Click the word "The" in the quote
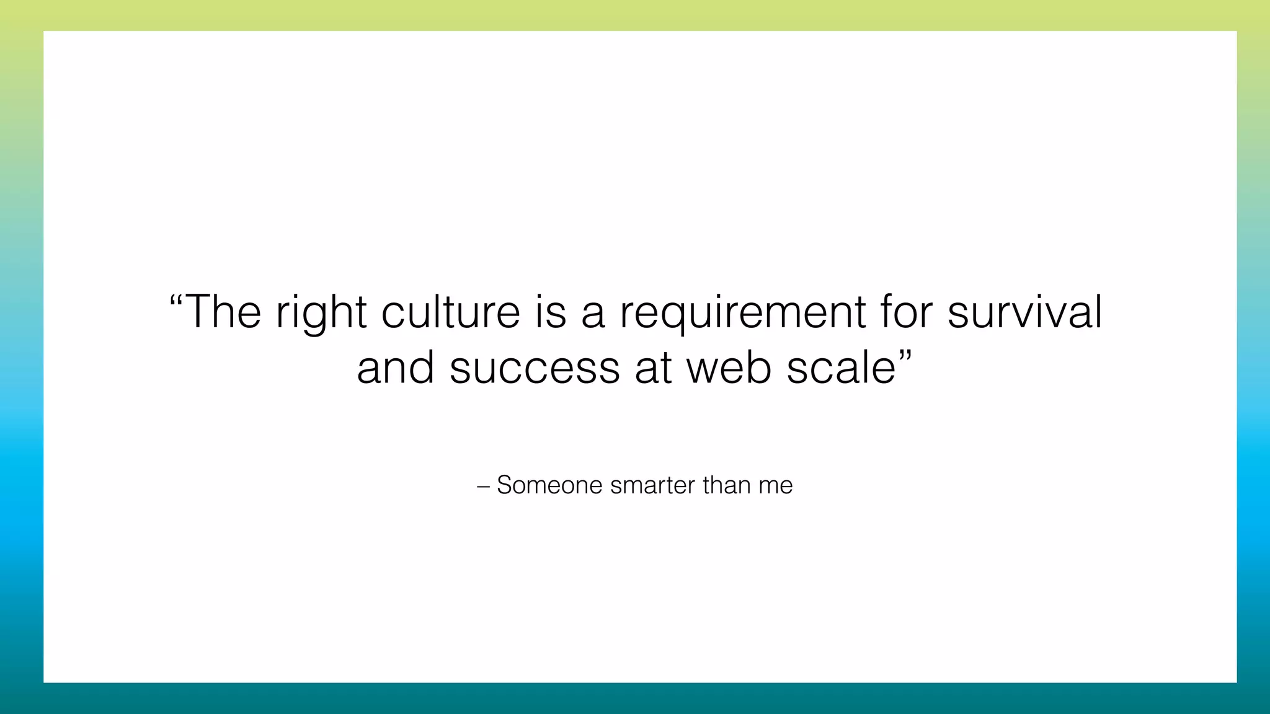(x=223, y=312)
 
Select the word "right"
(x=321, y=313)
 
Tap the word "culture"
(x=450, y=312)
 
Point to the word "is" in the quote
(x=551, y=312)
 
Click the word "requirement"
(x=742, y=313)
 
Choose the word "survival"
(x=1024, y=312)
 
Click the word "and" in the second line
(x=396, y=368)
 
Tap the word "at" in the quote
(x=653, y=368)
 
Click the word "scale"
(x=841, y=368)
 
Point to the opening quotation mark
(x=176, y=299)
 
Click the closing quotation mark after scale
(x=905, y=355)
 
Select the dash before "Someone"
(x=483, y=486)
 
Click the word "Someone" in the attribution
(x=549, y=485)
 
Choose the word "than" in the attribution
(x=726, y=485)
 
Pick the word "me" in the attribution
(x=775, y=487)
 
